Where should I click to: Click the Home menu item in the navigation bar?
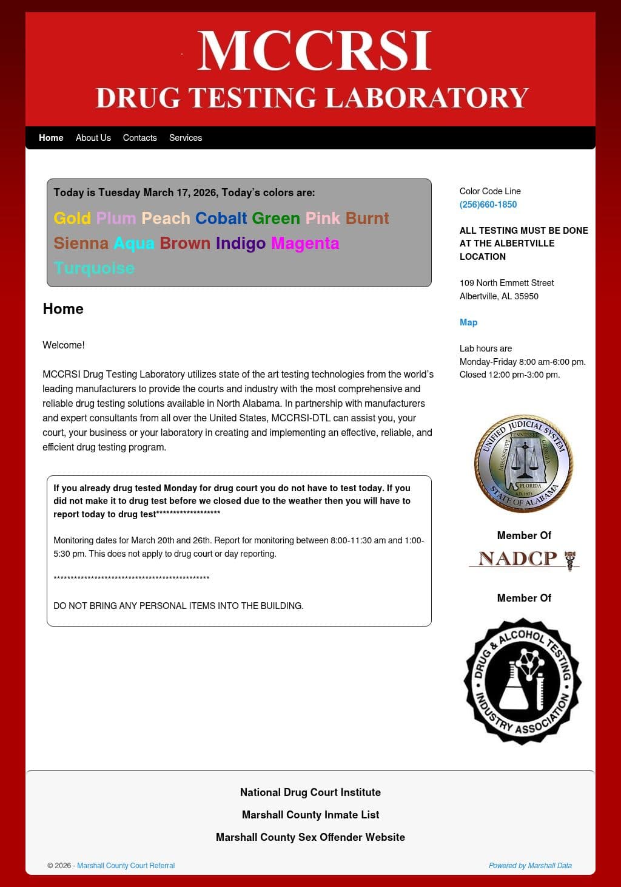click(51, 138)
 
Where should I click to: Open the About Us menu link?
click(93, 138)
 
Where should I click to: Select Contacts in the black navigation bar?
click(139, 138)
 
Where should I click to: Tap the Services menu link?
click(186, 138)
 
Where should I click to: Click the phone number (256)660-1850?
click(488, 205)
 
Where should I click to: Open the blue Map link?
click(468, 322)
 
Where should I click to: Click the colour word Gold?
click(72, 219)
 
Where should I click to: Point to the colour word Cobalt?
click(221, 219)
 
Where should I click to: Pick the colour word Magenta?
click(305, 243)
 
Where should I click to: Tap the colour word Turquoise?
click(94, 268)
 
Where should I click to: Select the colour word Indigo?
click(241, 243)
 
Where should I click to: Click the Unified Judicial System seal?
click(524, 464)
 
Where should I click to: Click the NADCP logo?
click(524, 559)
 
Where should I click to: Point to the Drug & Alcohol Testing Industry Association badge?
click(523, 681)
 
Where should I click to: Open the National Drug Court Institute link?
click(310, 792)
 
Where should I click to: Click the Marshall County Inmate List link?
click(310, 815)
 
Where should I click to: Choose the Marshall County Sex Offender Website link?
click(310, 837)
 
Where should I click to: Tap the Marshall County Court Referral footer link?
click(126, 866)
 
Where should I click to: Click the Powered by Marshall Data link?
click(530, 866)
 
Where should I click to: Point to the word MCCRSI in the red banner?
click(314, 51)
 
